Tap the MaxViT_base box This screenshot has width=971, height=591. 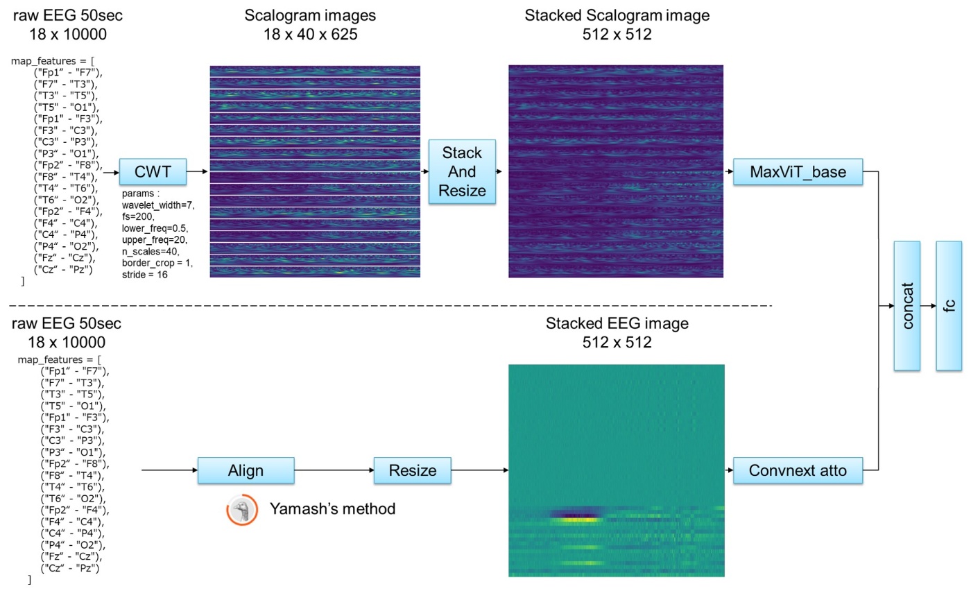tap(798, 171)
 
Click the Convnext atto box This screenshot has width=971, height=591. tap(798, 471)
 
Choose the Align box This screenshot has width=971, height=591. tap(246, 471)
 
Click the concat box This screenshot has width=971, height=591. tap(906, 305)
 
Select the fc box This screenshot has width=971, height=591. tap(949, 305)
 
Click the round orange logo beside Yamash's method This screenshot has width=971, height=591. tap(240, 510)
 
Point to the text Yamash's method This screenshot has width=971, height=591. tap(332, 510)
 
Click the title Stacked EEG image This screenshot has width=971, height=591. tap(615, 324)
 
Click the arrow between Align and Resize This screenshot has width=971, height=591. tap(333, 471)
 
